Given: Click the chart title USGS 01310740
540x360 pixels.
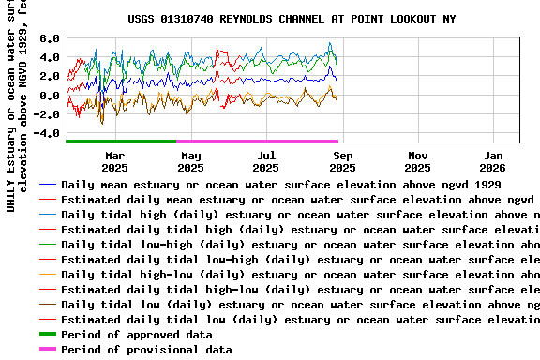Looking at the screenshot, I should click(292, 19).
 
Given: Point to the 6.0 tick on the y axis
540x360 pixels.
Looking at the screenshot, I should click(50, 39).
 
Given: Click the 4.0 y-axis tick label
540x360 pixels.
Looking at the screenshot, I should click(50, 58).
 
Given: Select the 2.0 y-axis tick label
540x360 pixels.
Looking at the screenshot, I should click(50, 77).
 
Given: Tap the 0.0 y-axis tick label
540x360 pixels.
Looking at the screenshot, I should click(50, 96).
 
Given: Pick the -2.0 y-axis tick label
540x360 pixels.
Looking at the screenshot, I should click(46, 114).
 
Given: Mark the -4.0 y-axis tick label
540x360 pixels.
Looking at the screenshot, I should click(46, 133).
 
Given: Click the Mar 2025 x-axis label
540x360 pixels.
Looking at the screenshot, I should click(114, 161).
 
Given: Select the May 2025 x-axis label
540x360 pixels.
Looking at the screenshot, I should click(190, 161).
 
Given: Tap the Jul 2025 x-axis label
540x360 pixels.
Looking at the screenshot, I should click(266, 161).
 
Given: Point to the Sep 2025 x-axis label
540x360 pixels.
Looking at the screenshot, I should click(342, 161).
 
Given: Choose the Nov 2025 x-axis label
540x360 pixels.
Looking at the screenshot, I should click(418, 161).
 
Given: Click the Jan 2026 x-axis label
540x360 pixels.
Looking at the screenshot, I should click(494, 161).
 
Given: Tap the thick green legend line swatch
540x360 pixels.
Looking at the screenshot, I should click(47, 335).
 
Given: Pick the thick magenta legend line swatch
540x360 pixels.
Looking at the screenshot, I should click(47, 350).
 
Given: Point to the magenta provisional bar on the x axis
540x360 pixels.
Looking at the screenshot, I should click(259, 141).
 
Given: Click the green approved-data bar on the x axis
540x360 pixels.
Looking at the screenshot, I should click(121, 141).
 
